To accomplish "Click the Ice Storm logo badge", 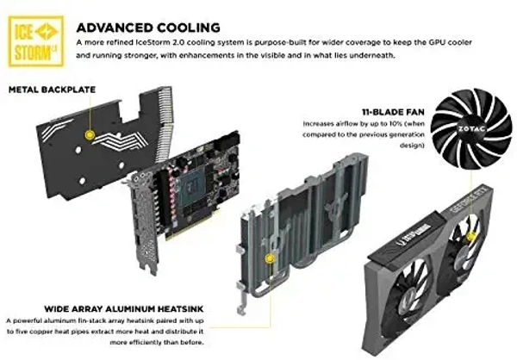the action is pos(36,41).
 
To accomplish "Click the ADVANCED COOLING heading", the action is pos(148,28).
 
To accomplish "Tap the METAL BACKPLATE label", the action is pos(52,90).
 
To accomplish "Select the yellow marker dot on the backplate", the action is pos(90,134).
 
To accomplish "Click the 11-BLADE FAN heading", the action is pos(393,112).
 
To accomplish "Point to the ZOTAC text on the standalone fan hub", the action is pos(471,128).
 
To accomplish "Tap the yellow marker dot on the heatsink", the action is pos(270,258).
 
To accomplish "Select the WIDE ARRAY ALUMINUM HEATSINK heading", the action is pos(124,309).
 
